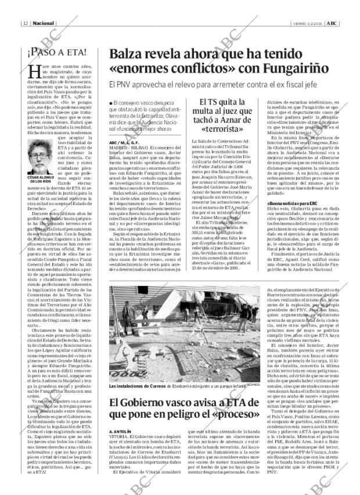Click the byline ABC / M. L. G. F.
coord(124,143)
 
